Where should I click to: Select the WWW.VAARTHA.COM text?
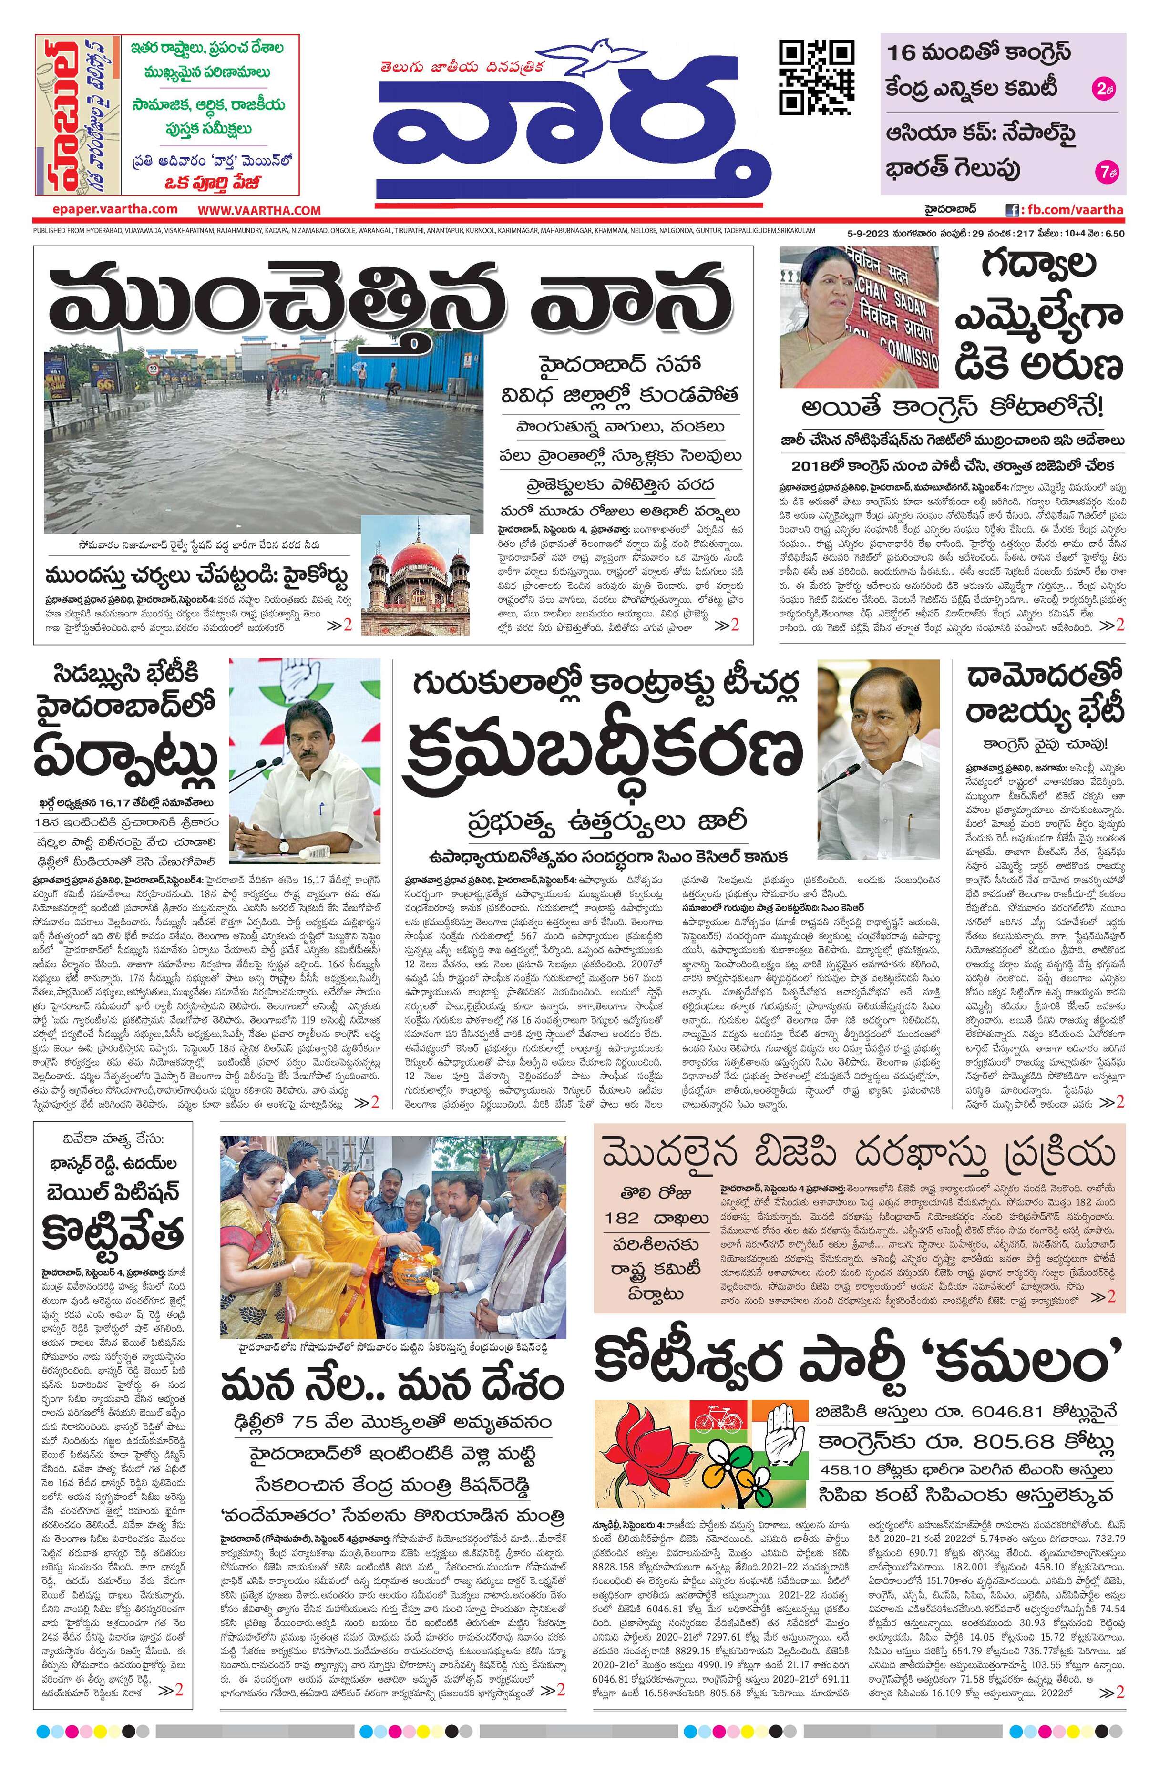259,210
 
